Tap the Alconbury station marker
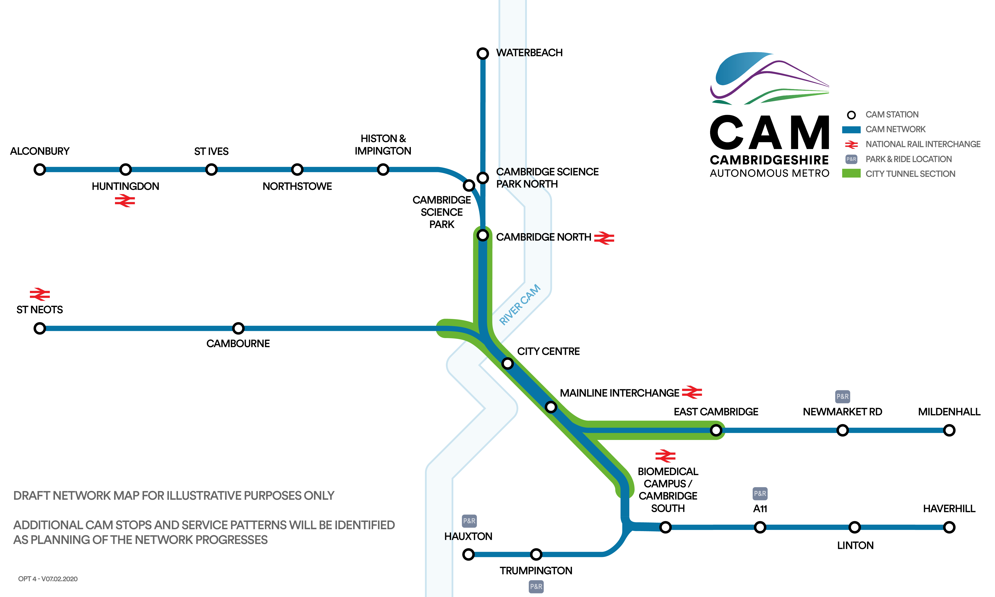pyautogui.click(x=39, y=169)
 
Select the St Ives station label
pyautogui.click(x=211, y=151)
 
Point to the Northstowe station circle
pyautogui.click(x=297, y=169)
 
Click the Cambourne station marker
pyautogui.click(x=238, y=328)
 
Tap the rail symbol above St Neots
pyautogui.click(x=39, y=294)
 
